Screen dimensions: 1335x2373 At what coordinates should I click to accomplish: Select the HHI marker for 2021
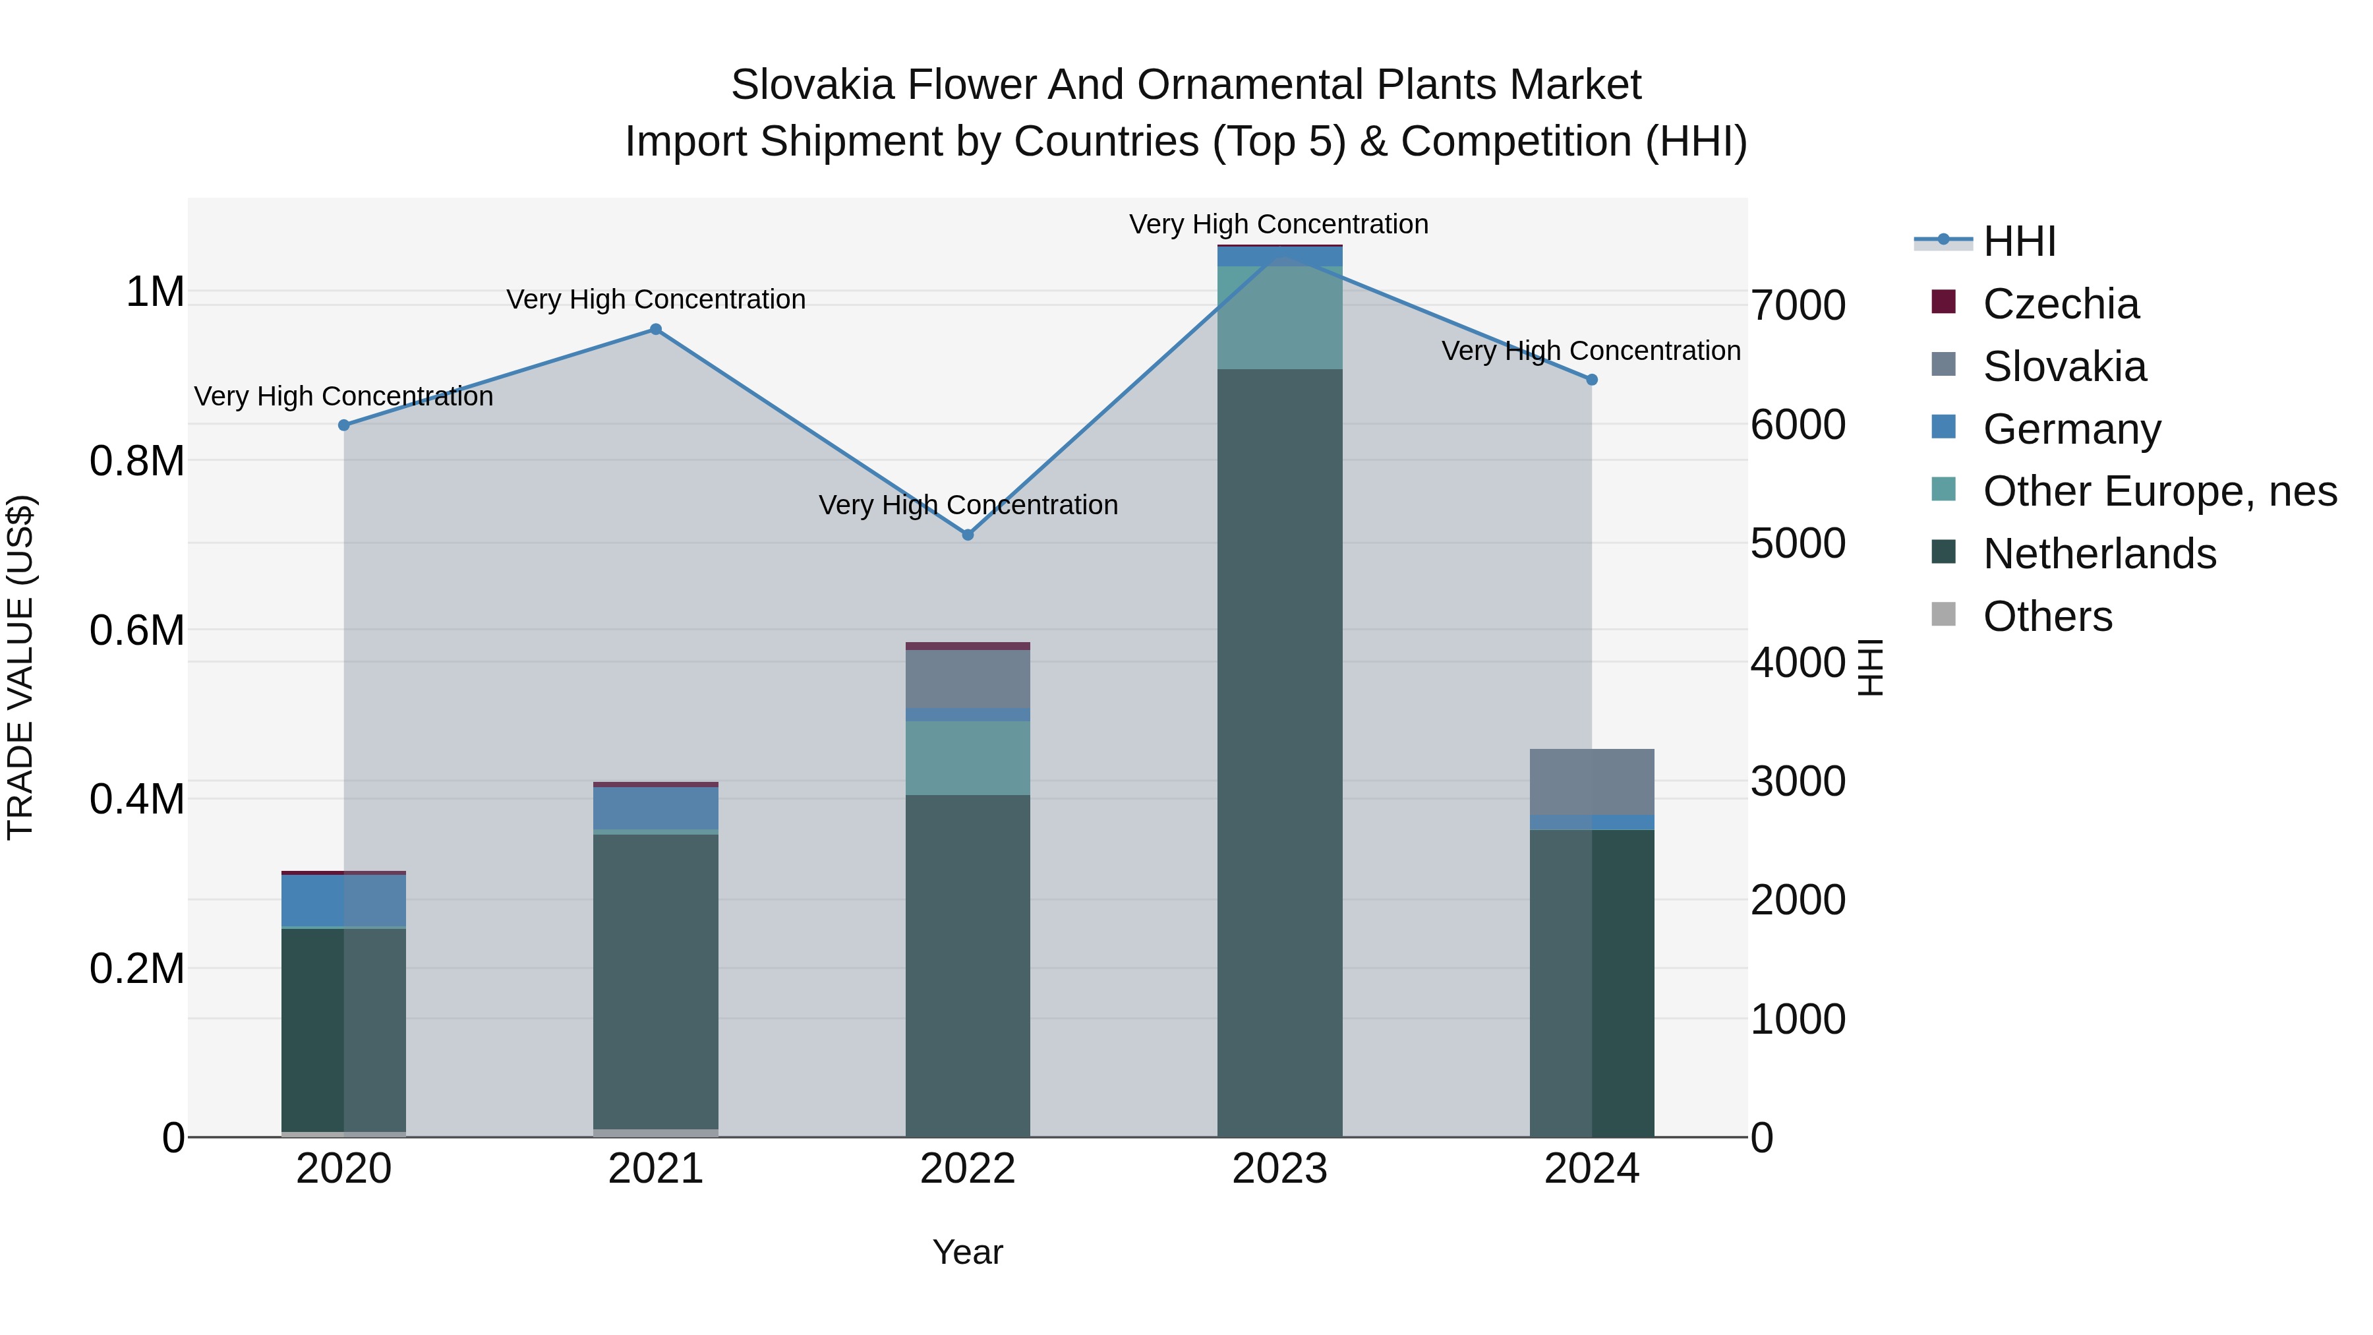[656, 329]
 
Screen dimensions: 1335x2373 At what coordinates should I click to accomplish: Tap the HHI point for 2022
[967, 535]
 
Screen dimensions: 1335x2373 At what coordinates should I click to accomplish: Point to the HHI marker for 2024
[1592, 380]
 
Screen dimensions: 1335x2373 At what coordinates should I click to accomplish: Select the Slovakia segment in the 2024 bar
[1592, 782]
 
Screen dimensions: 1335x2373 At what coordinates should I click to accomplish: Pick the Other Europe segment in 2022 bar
[967, 757]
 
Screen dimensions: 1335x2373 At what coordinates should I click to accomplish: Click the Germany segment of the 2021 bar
[656, 808]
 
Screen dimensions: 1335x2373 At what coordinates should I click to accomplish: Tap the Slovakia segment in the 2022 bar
[967, 679]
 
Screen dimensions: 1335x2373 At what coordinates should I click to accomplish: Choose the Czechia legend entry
[2060, 304]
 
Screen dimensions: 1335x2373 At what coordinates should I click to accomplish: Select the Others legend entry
[2047, 616]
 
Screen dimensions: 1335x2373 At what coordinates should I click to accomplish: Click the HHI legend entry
[2018, 241]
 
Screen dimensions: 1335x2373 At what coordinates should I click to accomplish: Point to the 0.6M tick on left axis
[136, 631]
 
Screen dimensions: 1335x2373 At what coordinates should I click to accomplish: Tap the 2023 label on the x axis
[1279, 1169]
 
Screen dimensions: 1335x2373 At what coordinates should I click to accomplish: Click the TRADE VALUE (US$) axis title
[20, 667]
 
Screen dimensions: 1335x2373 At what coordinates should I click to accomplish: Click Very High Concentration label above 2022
[967, 505]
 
